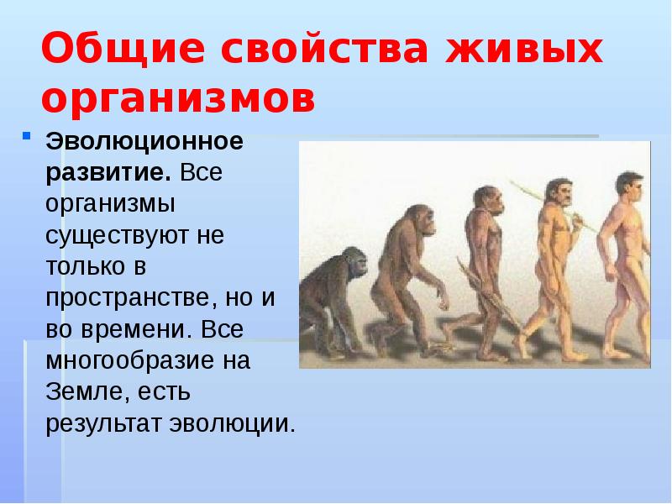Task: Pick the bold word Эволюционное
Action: click(145, 140)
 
